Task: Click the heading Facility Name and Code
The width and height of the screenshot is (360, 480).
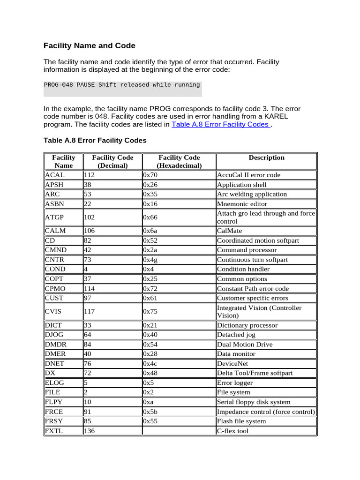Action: (x=90, y=46)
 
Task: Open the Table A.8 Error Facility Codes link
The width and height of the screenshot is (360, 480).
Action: (x=220, y=124)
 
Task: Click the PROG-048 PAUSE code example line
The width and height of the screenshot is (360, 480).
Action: (x=122, y=85)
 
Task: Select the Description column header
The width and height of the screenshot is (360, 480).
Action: (x=266, y=158)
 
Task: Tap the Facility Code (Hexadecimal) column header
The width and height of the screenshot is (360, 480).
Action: (x=179, y=162)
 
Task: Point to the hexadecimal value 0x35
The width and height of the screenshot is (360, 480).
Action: (x=150, y=194)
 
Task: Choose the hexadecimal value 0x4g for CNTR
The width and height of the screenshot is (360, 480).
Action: (x=150, y=260)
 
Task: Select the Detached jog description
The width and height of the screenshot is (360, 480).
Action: (x=237, y=335)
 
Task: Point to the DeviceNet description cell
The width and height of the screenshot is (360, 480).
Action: (x=232, y=364)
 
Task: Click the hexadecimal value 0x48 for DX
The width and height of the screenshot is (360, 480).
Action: (x=150, y=373)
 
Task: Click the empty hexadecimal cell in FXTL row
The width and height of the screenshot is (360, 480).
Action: (x=179, y=431)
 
